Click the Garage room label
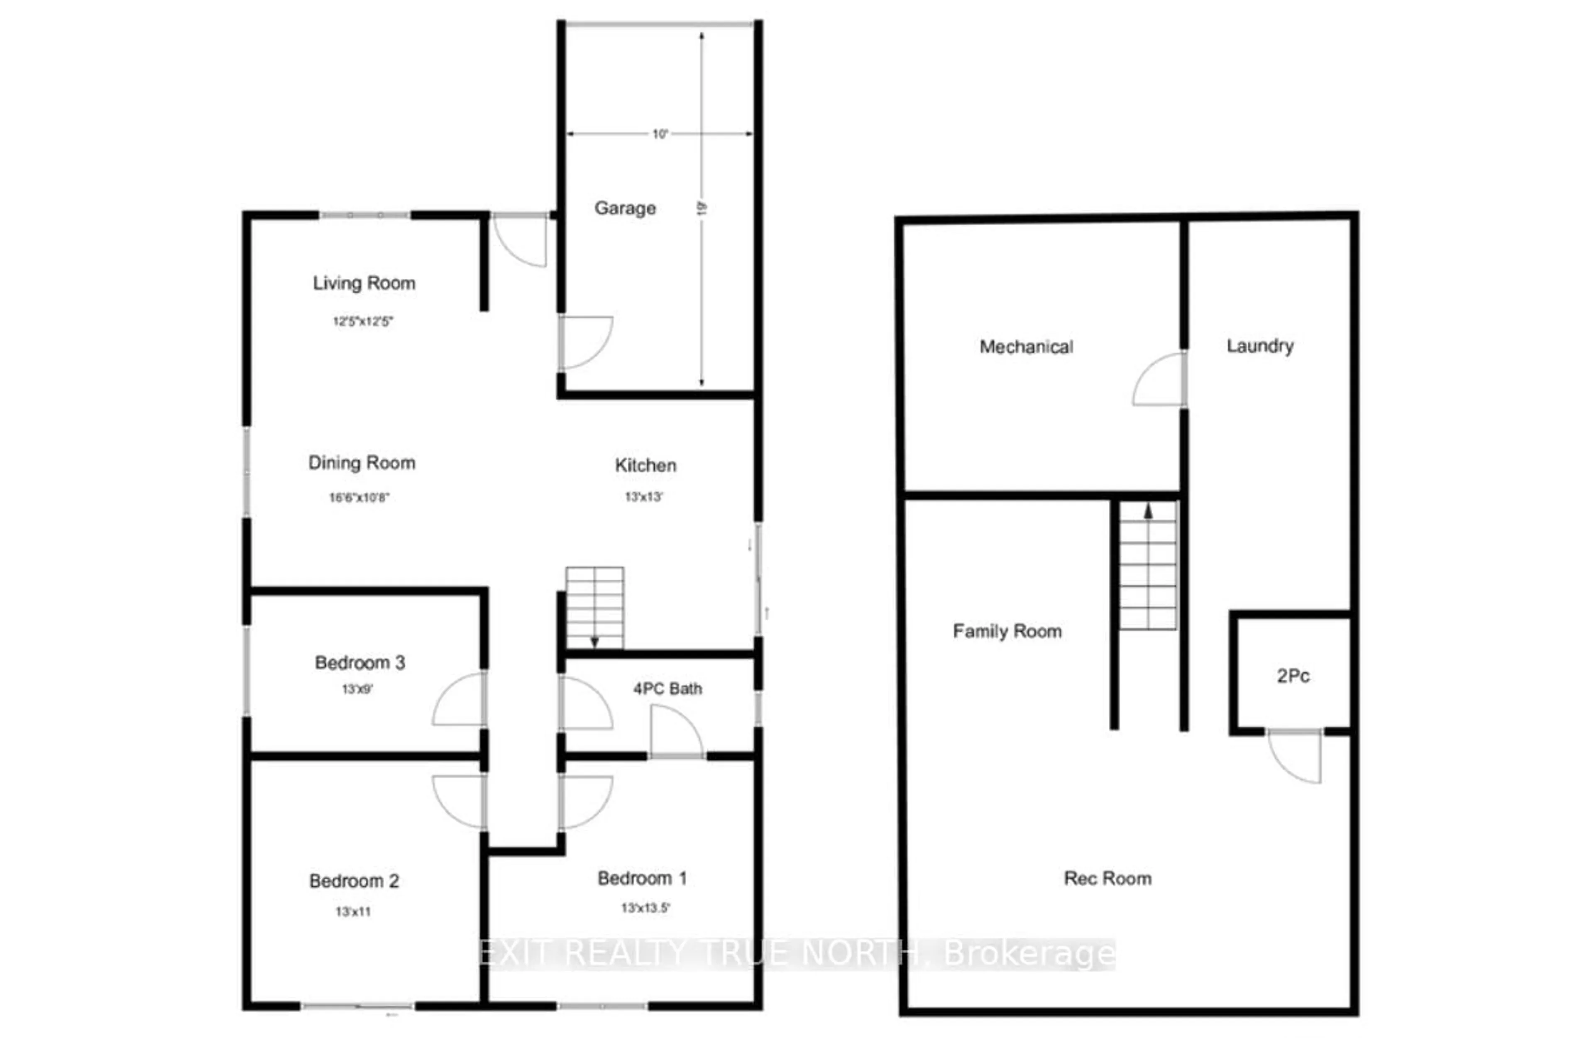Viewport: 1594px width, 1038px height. click(x=625, y=208)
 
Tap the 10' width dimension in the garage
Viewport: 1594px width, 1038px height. click(x=660, y=134)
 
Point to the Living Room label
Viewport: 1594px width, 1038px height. click(x=364, y=283)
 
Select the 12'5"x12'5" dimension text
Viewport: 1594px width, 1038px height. click(x=362, y=322)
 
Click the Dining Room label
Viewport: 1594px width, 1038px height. click(x=362, y=463)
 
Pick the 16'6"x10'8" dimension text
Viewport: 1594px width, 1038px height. click(x=359, y=498)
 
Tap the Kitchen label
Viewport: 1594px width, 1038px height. click(x=645, y=465)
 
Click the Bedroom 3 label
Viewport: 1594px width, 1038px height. click(x=359, y=662)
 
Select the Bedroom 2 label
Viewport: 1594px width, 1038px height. click(x=354, y=881)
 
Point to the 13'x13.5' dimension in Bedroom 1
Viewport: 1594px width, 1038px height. click(x=645, y=908)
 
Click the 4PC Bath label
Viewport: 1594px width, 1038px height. click(x=667, y=689)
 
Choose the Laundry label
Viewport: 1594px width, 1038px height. click(x=1260, y=346)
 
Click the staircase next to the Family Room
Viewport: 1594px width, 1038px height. click(x=1148, y=566)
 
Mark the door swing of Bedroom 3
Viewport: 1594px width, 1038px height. click(x=459, y=700)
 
